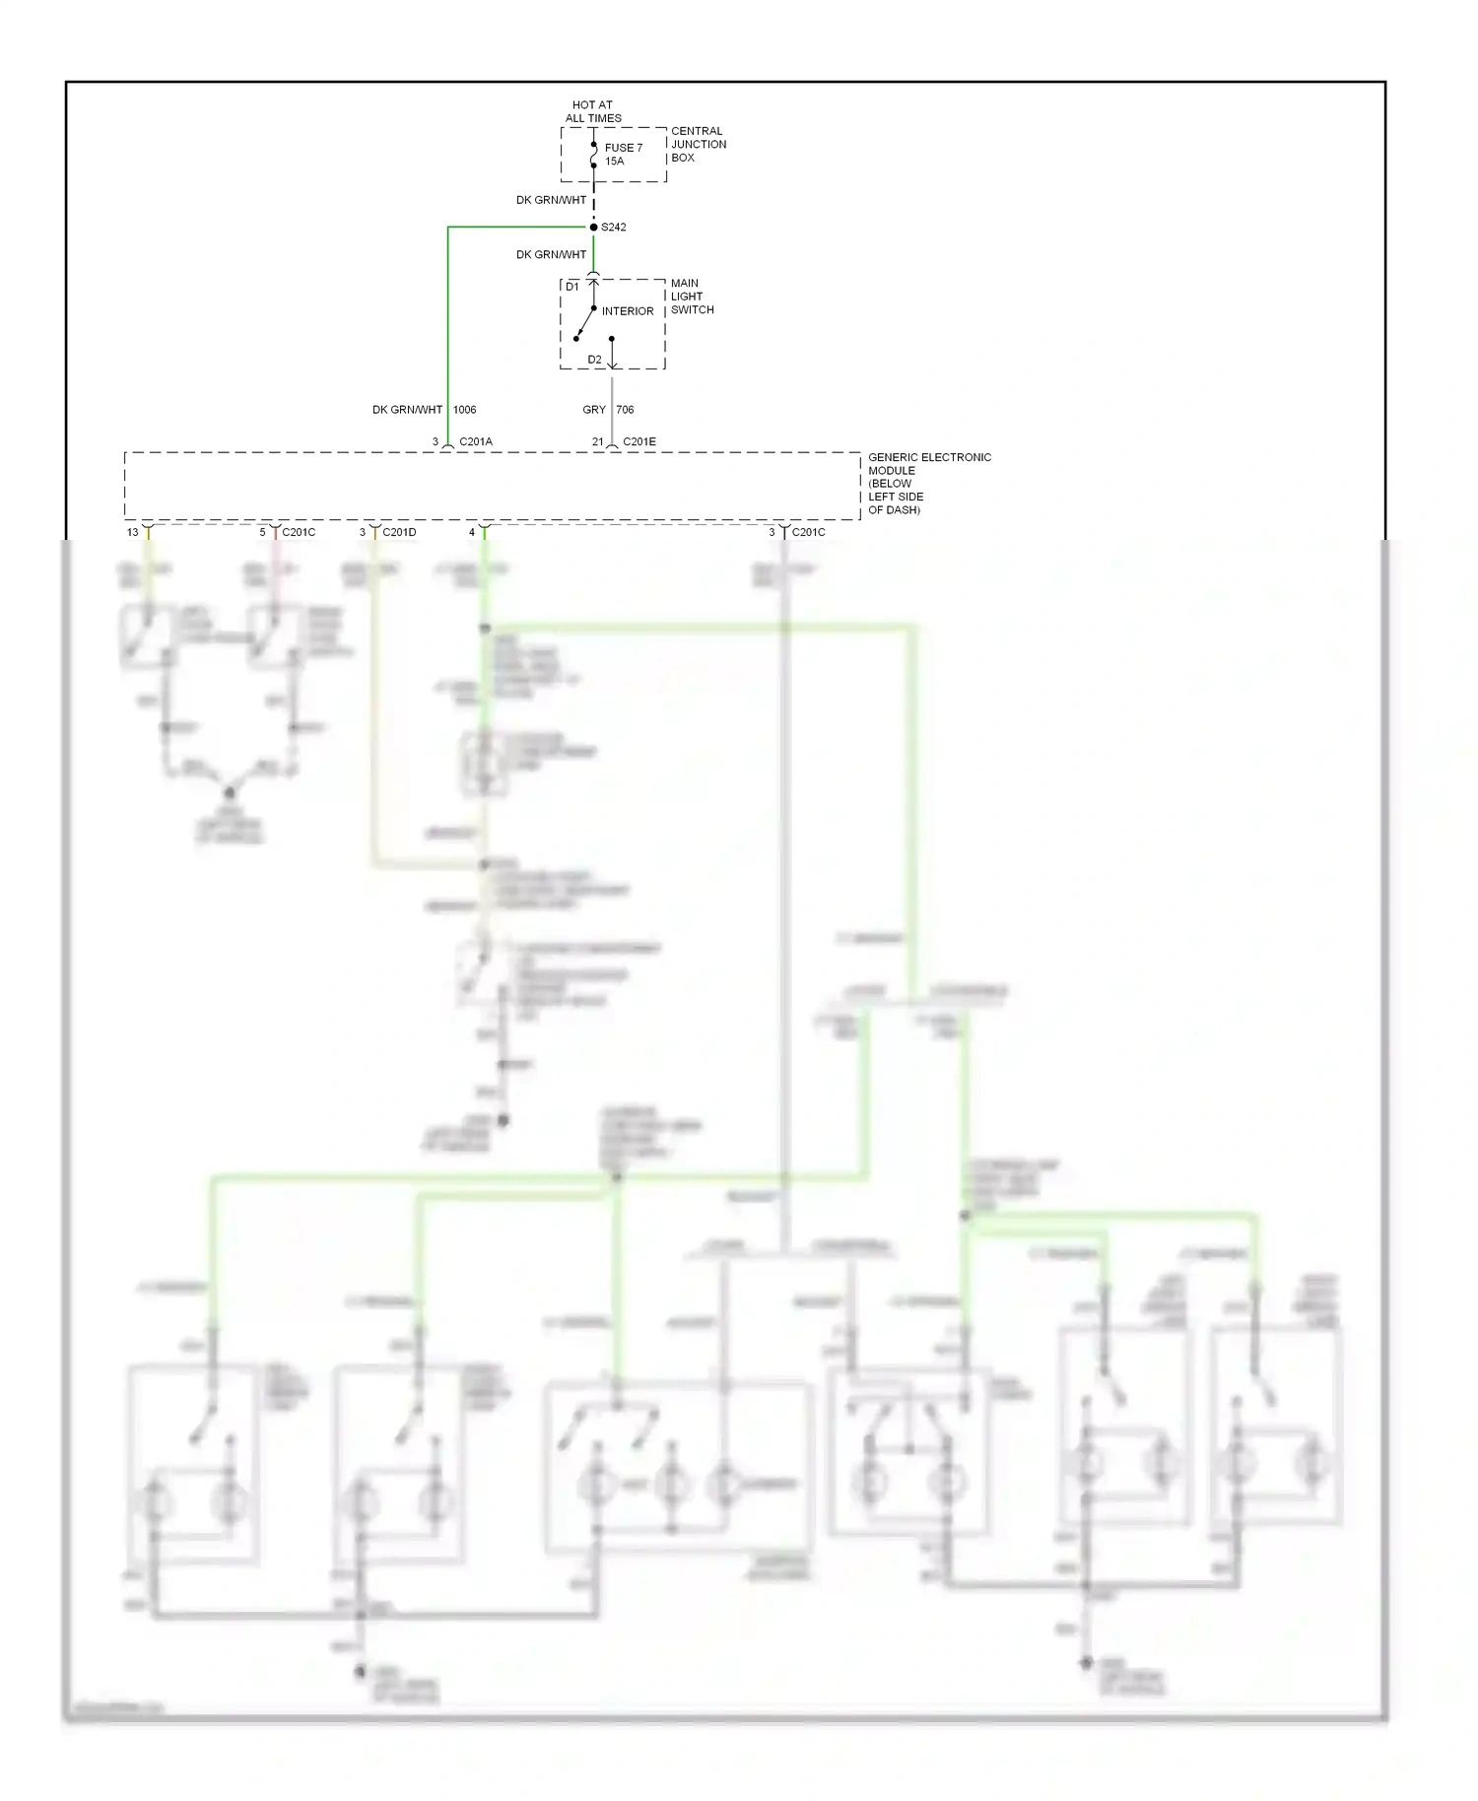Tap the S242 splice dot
[593, 228]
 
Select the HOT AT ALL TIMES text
[593, 111]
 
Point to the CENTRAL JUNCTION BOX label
[698, 144]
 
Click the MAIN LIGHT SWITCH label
[691, 297]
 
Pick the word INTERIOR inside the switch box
[628, 311]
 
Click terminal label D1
[572, 287]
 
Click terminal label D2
[594, 360]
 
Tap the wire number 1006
[464, 410]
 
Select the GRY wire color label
[594, 410]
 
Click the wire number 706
[625, 410]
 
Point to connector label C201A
[476, 441]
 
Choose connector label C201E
[638, 441]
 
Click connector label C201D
[399, 532]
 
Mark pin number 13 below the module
[132, 532]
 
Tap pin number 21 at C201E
[597, 441]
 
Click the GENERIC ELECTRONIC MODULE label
[928, 483]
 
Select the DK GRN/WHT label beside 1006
[407, 410]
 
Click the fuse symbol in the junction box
[593, 155]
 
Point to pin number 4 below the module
[471, 532]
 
